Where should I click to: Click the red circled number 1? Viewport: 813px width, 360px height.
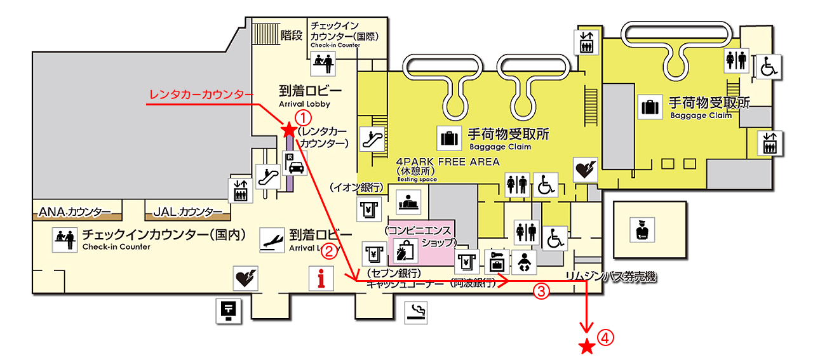tap(304, 117)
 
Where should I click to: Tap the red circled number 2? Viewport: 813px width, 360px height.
tap(329, 251)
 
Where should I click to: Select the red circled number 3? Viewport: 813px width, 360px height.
tap(540, 291)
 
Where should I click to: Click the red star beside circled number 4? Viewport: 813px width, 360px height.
tap(588, 347)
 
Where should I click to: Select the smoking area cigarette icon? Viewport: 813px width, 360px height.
tap(417, 310)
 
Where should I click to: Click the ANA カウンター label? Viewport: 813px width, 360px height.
tap(75, 211)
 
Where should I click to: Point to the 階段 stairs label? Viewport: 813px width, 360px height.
tap(292, 36)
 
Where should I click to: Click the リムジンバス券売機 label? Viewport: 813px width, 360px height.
tap(610, 276)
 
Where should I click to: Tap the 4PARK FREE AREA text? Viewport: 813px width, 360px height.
tap(447, 162)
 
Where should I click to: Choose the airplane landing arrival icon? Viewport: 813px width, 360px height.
tap(272, 239)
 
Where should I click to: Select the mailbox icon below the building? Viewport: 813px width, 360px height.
tap(227, 310)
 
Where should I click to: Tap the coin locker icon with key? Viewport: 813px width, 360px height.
tap(496, 261)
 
